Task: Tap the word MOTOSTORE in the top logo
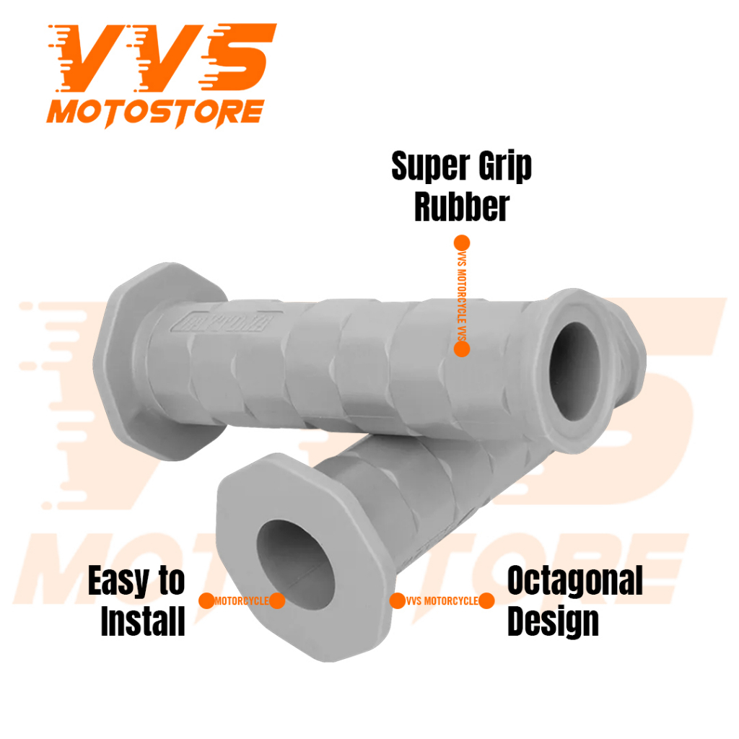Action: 154,113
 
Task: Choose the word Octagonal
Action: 574,582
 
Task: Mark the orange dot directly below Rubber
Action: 462,242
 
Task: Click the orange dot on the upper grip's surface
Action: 462,349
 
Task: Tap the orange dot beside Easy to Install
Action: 206,600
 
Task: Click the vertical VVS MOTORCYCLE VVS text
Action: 462,296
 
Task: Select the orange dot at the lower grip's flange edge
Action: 397,600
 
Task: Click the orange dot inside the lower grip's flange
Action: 277,600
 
